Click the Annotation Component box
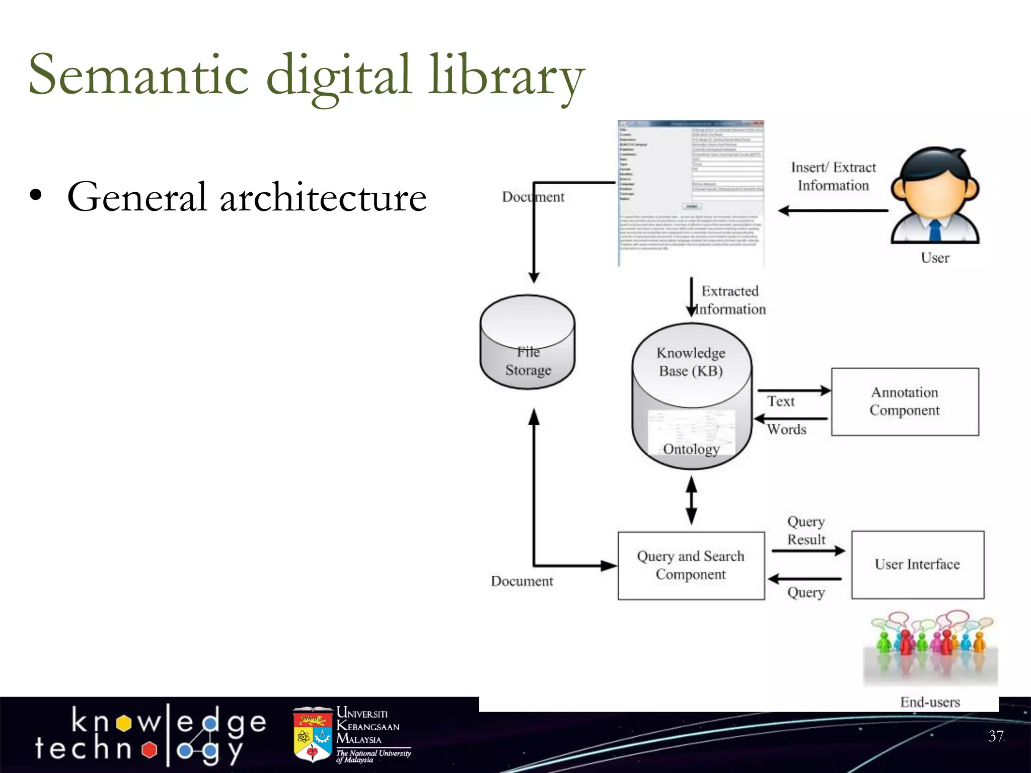click(905, 402)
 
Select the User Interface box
click(917, 565)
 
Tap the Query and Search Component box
click(691, 566)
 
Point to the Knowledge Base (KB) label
click(691, 362)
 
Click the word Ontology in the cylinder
click(691, 449)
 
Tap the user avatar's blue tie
click(935, 231)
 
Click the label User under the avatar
click(935, 258)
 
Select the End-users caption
click(930, 702)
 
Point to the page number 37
click(996, 736)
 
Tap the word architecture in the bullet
click(323, 197)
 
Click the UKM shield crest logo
click(313, 734)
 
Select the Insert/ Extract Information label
click(833, 176)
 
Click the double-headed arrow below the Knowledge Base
click(692, 500)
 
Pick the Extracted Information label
click(730, 300)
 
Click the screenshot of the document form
click(691, 193)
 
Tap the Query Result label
click(806, 530)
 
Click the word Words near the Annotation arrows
click(787, 429)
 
